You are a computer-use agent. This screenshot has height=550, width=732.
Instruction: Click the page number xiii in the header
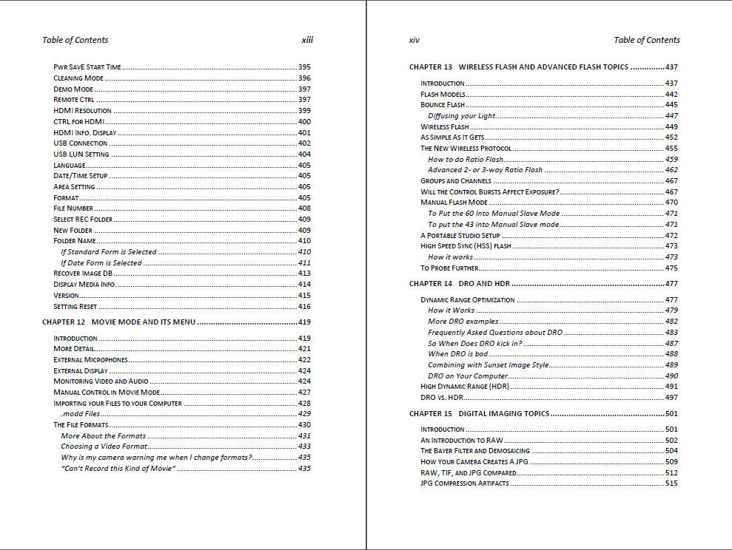307,40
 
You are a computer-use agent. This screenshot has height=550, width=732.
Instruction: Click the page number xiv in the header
414,40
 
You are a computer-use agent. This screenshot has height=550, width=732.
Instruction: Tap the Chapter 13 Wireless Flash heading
518,67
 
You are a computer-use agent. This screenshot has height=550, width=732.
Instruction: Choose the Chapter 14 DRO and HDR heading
460,284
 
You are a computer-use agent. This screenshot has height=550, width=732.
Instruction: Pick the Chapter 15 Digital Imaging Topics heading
479,414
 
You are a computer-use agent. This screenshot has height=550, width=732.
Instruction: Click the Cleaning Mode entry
78,78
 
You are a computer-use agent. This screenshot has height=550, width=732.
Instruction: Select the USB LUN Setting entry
81,155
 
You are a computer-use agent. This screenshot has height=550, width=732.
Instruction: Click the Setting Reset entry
75,307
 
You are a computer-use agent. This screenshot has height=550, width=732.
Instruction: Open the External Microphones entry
90,360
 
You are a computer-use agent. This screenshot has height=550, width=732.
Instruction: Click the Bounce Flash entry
443,105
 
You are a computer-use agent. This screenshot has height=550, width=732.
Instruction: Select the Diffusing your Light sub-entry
462,116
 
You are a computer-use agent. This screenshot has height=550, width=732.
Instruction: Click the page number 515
671,483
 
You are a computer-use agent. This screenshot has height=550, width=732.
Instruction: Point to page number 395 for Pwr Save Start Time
304,67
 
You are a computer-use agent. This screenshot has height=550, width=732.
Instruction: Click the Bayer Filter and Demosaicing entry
475,451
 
